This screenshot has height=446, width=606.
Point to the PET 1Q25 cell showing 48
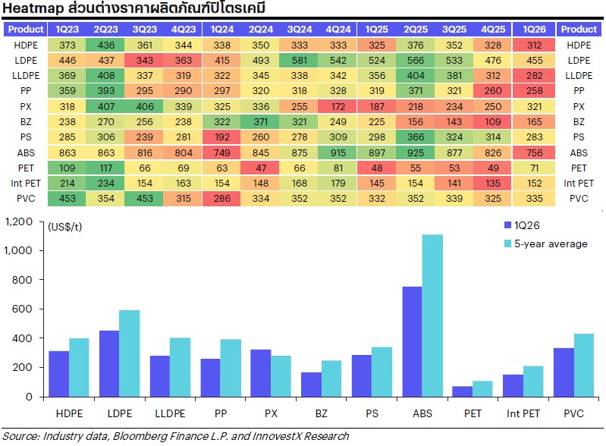[377, 168]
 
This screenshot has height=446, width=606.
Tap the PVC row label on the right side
[579, 198]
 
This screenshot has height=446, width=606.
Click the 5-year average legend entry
[551, 243]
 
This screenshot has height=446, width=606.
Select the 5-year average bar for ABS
[432, 316]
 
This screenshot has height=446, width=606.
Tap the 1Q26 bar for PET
[462, 391]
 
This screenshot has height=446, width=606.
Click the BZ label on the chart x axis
[321, 415]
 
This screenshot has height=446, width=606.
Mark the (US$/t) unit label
[68, 227]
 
